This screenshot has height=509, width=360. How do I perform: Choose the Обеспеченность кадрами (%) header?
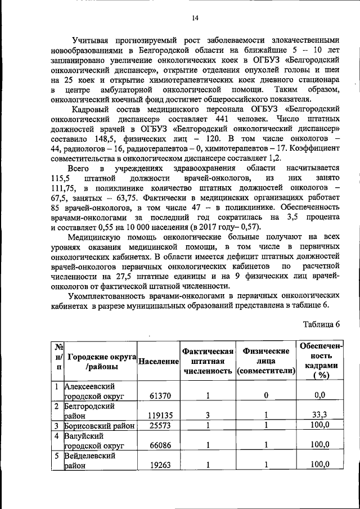(321, 361)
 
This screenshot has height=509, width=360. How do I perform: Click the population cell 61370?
(160, 396)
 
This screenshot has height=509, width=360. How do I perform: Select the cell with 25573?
(160, 425)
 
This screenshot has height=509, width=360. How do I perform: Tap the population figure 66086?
(160, 445)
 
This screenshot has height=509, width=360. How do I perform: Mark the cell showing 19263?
(160, 465)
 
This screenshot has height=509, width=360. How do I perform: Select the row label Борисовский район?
(99, 425)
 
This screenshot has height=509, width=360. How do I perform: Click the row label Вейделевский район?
(90, 460)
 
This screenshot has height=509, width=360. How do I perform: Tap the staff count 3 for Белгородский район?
(207, 415)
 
